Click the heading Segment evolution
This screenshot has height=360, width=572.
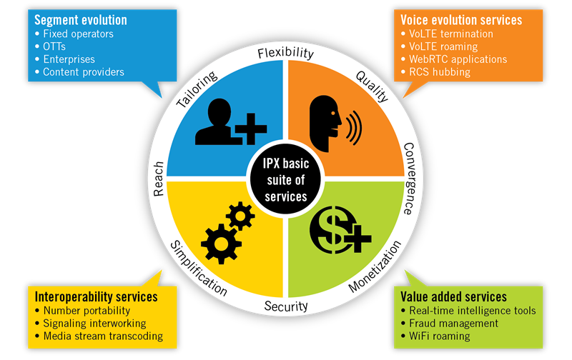81,20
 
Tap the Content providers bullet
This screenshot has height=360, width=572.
83,72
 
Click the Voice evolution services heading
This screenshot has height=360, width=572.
462,20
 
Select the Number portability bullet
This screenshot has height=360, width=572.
87,310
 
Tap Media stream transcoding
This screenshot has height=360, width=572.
103,336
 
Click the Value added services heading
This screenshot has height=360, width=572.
455,296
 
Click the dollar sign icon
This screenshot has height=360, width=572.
336,229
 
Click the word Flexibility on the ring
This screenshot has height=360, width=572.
286,54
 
